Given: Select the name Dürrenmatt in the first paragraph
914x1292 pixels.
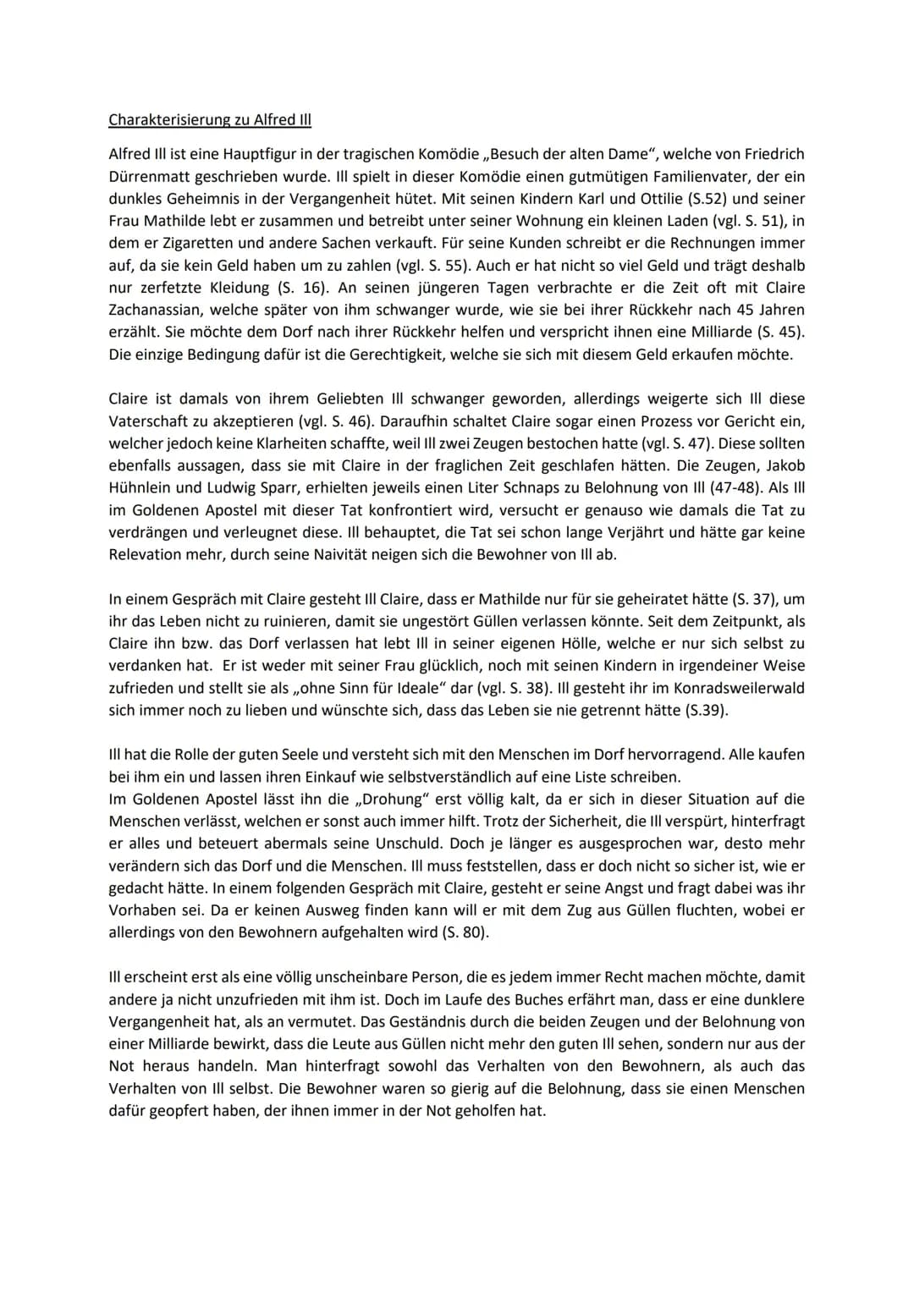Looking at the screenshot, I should click(150, 177).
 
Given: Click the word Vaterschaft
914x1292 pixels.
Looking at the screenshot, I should click(150, 421).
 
